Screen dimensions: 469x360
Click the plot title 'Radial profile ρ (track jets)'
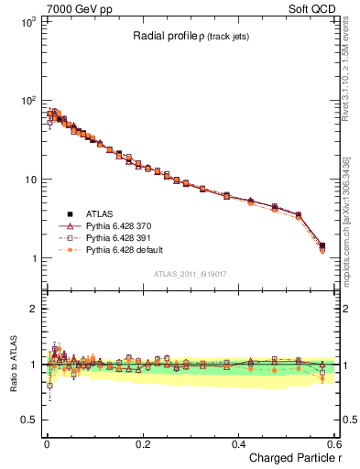click(188, 36)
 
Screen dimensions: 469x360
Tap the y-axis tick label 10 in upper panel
click(27, 180)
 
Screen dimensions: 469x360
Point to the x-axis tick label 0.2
click(142, 442)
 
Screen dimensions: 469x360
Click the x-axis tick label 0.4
click(238, 442)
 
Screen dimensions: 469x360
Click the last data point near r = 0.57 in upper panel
click(322, 246)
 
